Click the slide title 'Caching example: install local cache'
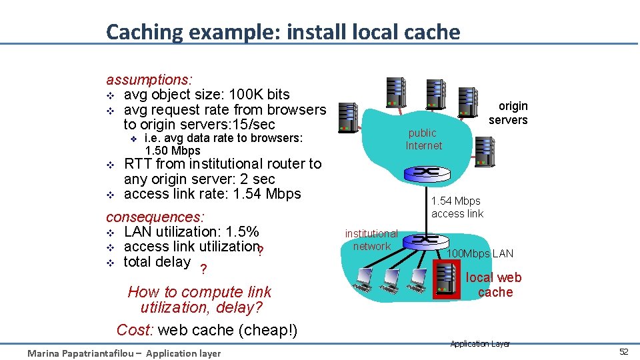tap(283, 32)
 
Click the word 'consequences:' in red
tap(155, 217)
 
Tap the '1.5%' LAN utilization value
tap(242, 232)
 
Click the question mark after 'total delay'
tap(204, 269)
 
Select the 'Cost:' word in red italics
tap(135, 330)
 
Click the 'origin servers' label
tap(509, 113)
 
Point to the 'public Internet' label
tap(423, 139)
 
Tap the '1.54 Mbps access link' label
tap(457, 207)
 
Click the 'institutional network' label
tap(371, 240)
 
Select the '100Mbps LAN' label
tap(480, 253)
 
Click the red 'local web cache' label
tap(494, 285)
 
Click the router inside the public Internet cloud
tap(425, 172)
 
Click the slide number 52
tap(623, 352)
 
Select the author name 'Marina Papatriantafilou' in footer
tap(79, 353)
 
